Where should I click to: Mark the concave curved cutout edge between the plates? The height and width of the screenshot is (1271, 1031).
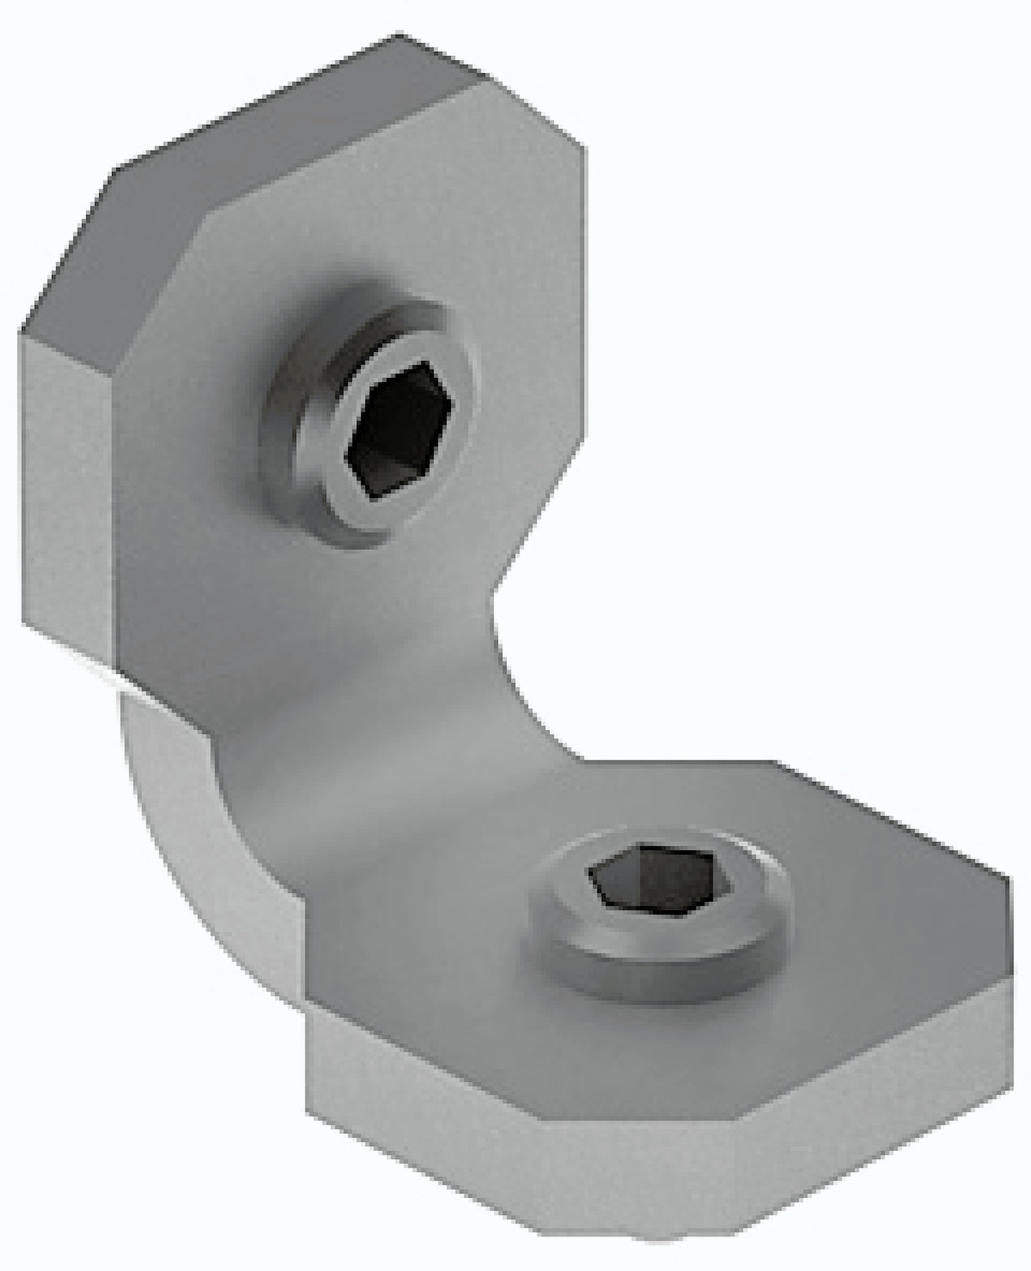[x=515, y=683]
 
